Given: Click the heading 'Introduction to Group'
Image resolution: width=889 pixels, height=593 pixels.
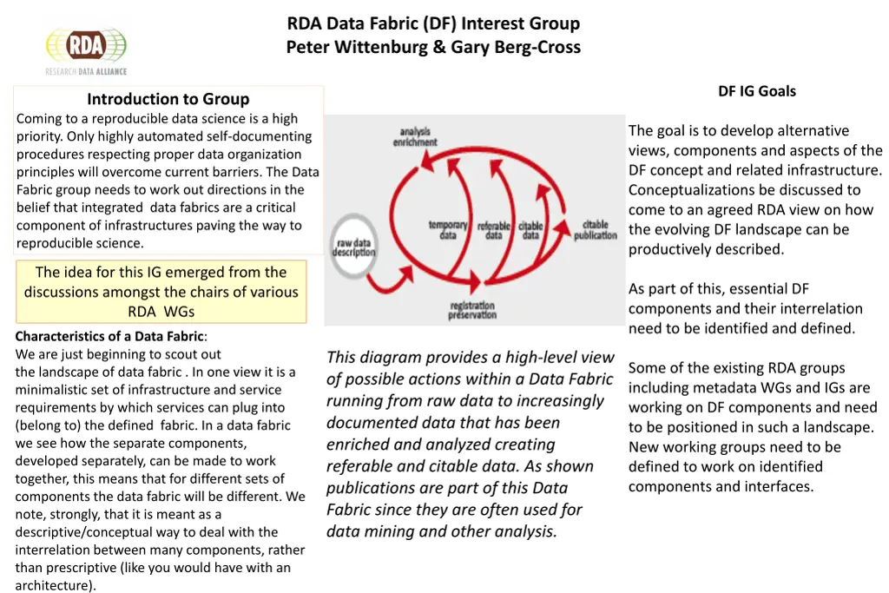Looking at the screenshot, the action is [168, 99].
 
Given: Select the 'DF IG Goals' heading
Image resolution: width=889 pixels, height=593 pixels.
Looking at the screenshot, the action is [756, 91].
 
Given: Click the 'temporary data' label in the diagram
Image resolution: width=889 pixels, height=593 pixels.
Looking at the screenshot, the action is [448, 230].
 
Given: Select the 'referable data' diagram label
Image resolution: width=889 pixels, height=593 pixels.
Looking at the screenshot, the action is [493, 230].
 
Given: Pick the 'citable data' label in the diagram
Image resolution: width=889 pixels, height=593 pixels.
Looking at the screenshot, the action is [530, 230].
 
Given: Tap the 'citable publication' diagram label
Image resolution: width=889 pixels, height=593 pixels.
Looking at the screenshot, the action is [595, 230].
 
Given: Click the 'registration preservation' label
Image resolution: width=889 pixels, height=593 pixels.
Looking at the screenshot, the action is [472, 310].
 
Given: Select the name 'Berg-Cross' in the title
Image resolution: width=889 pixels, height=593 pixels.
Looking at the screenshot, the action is [532, 47].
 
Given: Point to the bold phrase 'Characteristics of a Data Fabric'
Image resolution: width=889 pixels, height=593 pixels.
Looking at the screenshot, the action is [109, 336].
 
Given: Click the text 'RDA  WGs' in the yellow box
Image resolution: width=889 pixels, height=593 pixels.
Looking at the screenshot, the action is [161, 312].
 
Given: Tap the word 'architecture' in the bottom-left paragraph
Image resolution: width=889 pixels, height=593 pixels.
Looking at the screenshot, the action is [53, 585].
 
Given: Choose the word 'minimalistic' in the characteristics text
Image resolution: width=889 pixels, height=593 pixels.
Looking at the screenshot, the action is [54, 390].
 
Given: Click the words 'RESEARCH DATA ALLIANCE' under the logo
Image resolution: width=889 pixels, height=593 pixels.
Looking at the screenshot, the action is [86, 71].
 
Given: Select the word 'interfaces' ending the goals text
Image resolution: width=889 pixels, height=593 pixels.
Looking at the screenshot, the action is [780, 486].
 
